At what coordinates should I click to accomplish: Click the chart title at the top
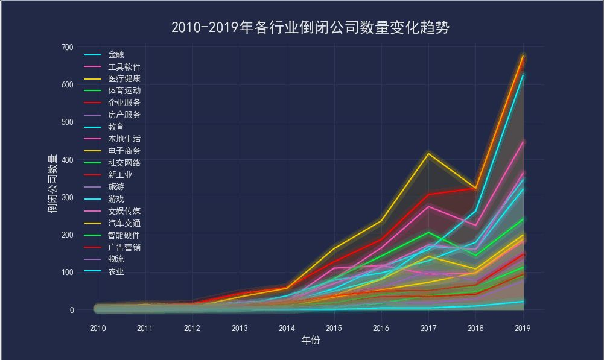tap(310, 28)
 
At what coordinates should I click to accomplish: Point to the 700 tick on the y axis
tap(67, 47)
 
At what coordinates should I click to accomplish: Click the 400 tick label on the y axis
tap(67, 160)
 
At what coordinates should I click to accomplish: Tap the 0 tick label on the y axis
tap(71, 310)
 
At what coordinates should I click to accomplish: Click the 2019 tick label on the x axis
tap(523, 328)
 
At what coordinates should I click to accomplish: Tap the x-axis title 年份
tap(310, 341)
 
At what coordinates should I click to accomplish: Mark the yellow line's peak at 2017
tap(428, 154)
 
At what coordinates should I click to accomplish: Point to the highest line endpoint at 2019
tap(523, 55)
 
